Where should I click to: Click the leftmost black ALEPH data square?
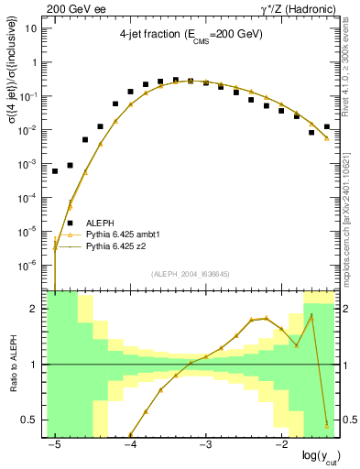point(55,171)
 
